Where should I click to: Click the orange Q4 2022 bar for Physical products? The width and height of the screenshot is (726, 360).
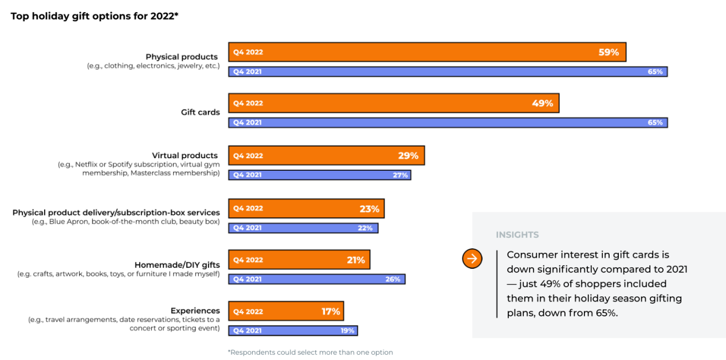tap(427, 52)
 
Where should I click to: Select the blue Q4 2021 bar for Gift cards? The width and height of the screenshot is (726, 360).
tap(448, 123)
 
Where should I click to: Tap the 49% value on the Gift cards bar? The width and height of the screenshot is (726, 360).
tap(542, 103)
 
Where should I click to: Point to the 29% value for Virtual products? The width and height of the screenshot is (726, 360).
tap(408, 155)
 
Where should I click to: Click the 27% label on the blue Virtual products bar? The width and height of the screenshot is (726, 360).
tap(400, 175)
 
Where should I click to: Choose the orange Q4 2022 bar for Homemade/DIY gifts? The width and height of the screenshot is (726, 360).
tap(299, 260)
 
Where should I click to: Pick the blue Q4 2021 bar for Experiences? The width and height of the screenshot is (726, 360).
tap(293, 331)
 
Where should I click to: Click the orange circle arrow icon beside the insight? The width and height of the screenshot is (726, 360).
tap(472, 259)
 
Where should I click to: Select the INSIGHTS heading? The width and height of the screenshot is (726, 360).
tap(517, 234)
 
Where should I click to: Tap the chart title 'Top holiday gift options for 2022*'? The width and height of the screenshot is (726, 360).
tap(95, 16)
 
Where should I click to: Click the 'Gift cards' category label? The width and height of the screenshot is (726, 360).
tap(200, 112)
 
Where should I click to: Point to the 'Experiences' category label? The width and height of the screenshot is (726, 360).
tap(195, 311)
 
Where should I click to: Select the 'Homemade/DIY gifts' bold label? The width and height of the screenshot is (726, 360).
tap(177, 265)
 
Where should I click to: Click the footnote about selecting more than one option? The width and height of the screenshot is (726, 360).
tap(310, 352)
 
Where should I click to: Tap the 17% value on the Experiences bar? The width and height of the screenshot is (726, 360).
tap(331, 312)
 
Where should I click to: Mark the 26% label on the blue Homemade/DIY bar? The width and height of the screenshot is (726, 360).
tap(394, 280)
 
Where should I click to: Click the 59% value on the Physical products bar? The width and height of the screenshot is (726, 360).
tap(609, 52)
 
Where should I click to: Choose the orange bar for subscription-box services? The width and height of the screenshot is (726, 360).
tap(306, 209)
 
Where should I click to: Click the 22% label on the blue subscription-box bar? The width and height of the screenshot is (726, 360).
tap(365, 228)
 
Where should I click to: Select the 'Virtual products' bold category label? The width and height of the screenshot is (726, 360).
tap(185, 155)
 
